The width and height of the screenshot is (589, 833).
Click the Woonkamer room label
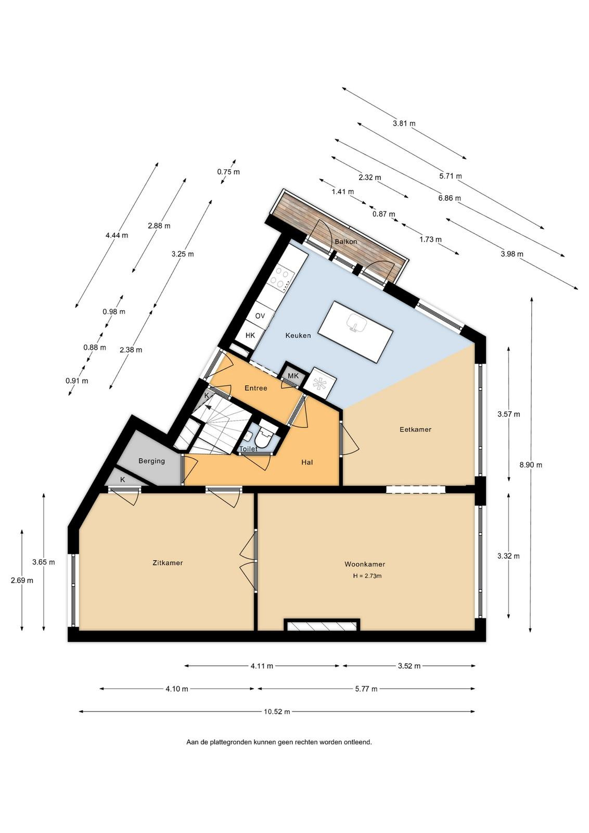pyautogui.click(x=365, y=564)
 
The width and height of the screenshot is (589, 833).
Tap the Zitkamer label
pyautogui.click(x=168, y=563)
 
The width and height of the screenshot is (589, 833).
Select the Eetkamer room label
pyautogui.click(x=415, y=429)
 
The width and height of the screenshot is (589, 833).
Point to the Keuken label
pyautogui.click(x=298, y=335)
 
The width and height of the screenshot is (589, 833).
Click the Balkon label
pyautogui.click(x=346, y=242)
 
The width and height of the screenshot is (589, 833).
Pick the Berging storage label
pyautogui.click(x=151, y=461)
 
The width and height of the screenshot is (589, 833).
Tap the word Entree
pyautogui.click(x=255, y=388)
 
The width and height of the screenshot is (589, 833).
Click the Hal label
pyautogui.click(x=307, y=462)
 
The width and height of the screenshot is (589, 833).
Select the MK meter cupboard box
pyautogui.click(x=293, y=376)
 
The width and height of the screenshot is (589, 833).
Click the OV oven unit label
pyautogui.click(x=260, y=316)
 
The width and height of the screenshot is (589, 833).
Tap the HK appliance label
pyautogui.click(x=250, y=335)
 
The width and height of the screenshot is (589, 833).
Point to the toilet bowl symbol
pyautogui.click(x=266, y=437)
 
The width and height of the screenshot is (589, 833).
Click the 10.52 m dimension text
pyautogui.click(x=277, y=712)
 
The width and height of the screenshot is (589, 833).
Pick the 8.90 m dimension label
pyautogui.click(x=531, y=465)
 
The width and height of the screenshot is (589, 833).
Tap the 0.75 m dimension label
pyautogui.click(x=228, y=172)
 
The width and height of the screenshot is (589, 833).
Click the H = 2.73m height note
pyautogui.click(x=367, y=576)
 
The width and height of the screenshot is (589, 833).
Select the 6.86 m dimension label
pyautogui.click(x=449, y=198)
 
